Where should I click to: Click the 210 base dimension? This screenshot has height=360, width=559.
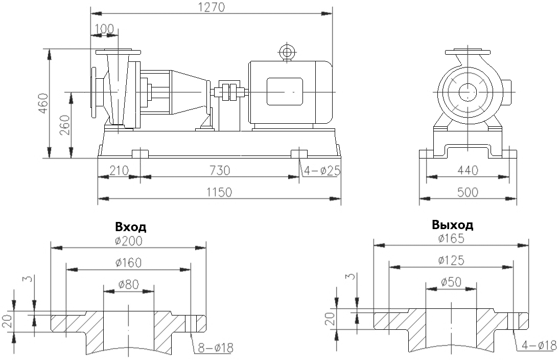tap(118, 170)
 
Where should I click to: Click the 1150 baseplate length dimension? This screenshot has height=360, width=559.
tap(219, 192)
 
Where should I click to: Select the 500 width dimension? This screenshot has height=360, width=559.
tap(468, 192)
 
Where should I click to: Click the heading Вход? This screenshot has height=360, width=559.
tap(130, 227)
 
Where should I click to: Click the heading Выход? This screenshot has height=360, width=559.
tap(452, 224)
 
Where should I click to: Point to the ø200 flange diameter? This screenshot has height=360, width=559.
tap(128, 241)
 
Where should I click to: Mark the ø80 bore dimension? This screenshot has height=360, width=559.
tap(128, 284)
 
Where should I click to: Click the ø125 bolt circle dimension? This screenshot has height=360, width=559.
tap(451, 260)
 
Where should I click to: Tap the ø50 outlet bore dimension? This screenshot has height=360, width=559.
tap(451, 282)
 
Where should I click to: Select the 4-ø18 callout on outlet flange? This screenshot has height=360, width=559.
tap(539, 346)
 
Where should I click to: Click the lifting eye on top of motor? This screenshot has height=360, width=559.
tap(287, 52)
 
